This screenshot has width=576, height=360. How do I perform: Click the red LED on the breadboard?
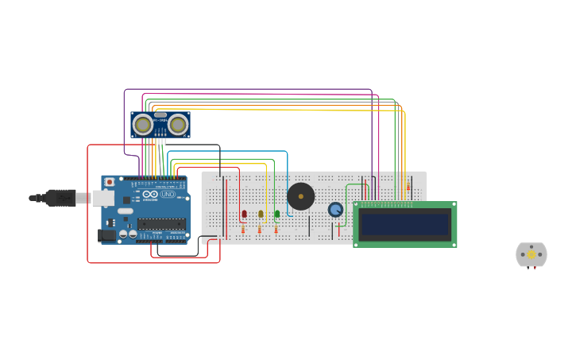click(244, 213)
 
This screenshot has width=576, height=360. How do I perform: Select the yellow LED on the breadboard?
click(261, 213)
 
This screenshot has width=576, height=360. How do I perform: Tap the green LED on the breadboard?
click(277, 213)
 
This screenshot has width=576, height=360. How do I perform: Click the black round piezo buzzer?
click(301, 196)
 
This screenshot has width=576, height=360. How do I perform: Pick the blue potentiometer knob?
click(335, 209)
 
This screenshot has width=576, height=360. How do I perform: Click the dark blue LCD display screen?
click(404, 224)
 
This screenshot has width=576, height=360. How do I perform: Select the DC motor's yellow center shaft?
click(532, 254)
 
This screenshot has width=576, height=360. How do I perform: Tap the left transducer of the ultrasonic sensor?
click(143, 125)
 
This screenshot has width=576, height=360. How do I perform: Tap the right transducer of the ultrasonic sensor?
click(178, 125)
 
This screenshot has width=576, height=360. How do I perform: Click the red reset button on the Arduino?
click(109, 182)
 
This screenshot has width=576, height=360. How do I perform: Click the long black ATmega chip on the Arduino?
click(161, 224)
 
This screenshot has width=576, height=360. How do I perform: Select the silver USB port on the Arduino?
click(102, 198)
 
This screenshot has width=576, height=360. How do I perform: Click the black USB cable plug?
click(60, 198)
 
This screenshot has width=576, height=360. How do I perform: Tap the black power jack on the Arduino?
click(106, 235)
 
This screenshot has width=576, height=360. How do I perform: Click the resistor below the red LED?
click(243, 229)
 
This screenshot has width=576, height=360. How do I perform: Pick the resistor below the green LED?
click(276, 229)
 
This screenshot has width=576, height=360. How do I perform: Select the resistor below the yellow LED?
click(260, 229)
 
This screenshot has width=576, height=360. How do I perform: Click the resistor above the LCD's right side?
click(408, 187)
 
